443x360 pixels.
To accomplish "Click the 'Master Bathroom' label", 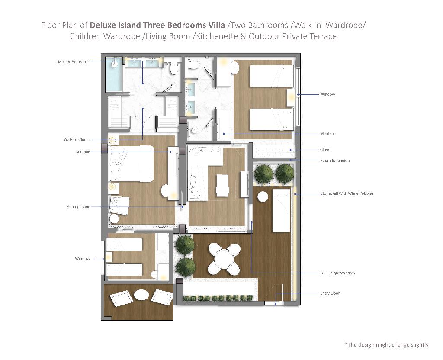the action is (x=74, y=61).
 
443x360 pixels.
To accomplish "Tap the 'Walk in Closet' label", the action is (x=77, y=139).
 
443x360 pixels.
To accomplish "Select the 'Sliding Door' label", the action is (x=78, y=207).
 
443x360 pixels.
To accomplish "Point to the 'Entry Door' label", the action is (x=330, y=293).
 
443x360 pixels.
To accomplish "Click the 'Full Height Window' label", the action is (x=337, y=273).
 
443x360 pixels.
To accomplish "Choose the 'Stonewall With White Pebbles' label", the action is (x=347, y=193).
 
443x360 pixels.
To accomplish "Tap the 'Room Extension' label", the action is (x=335, y=161).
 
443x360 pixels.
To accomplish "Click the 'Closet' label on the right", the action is (x=325, y=150).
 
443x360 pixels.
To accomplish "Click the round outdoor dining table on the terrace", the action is (x=224, y=259).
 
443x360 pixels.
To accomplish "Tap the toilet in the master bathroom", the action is (x=173, y=68).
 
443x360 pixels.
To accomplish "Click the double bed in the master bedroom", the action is (x=131, y=163).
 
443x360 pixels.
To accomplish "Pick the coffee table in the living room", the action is (x=222, y=185).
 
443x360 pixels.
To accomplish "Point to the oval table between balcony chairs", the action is (x=141, y=295).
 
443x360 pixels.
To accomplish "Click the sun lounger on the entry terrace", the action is (x=281, y=211).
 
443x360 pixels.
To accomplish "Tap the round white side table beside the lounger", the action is (x=263, y=197).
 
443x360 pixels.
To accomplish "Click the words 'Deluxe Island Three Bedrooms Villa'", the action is (x=157, y=25).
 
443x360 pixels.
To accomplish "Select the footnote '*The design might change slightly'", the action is (x=386, y=345).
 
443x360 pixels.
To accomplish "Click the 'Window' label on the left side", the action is (x=82, y=259).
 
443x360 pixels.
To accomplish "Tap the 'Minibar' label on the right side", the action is (x=327, y=133).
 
